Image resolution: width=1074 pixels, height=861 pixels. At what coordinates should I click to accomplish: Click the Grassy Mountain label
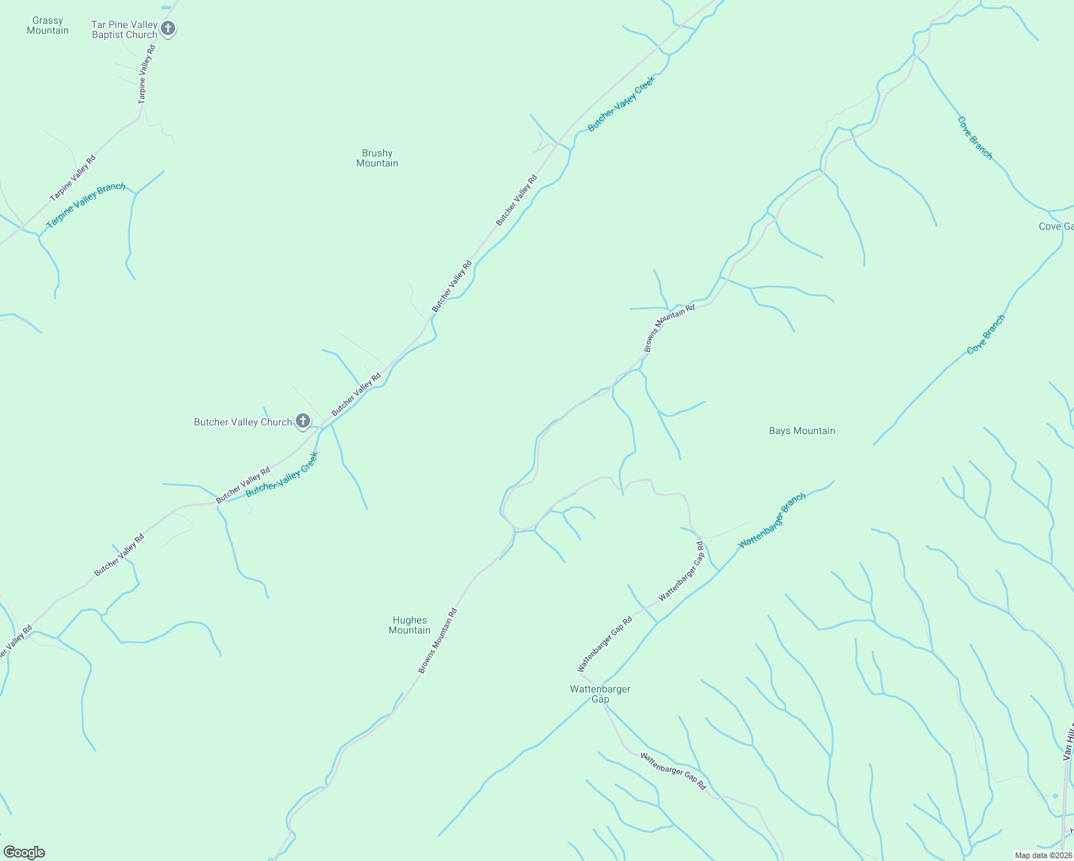[x=47, y=26]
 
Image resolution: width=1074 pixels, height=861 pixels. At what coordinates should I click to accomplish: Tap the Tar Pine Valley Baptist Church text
[x=124, y=29]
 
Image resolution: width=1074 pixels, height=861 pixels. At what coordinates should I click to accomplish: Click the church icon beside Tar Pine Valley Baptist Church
[x=168, y=29]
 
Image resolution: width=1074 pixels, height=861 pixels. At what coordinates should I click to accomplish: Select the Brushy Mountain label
[x=377, y=158]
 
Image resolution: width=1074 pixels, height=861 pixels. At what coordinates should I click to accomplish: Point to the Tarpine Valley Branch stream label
[x=85, y=206]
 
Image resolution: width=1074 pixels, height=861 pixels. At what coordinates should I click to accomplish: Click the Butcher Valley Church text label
[x=243, y=422]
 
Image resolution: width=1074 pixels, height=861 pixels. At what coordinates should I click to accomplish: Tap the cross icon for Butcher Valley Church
[x=303, y=421]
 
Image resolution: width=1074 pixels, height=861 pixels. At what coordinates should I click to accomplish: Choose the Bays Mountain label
[x=802, y=430]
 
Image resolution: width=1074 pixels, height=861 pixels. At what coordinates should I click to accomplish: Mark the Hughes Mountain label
[x=409, y=625]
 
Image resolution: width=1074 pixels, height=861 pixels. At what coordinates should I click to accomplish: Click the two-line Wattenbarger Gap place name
[x=600, y=694]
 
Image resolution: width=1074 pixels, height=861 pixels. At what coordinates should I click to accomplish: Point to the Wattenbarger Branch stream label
[x=772, y=521]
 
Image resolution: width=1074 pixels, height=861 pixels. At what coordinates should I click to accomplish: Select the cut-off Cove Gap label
[x=1055, y=226]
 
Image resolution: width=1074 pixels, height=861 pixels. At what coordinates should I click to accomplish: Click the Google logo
[x=24, y=852]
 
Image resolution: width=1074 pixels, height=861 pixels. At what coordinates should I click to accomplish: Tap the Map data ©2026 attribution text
[x=1042, y=855]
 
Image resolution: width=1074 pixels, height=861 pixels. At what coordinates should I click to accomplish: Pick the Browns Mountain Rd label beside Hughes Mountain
[x=438, y=641]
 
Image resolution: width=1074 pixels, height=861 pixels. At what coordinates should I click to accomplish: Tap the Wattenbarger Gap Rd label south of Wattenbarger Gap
[x=673, y=771]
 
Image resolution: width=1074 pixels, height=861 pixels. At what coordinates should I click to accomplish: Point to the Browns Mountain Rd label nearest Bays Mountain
[x=669, y=329]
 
